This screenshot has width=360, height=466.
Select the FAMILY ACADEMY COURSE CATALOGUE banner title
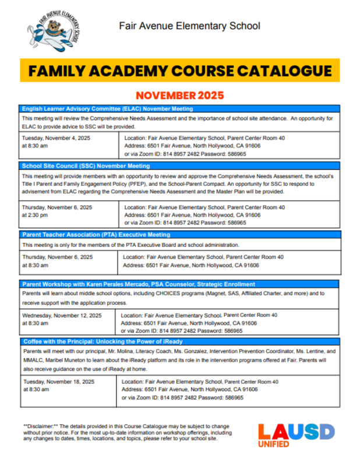click(x=180, y=71)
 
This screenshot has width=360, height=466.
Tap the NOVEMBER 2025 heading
click(x=180, y=95)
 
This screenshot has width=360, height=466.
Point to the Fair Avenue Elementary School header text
click(x=189, y=26)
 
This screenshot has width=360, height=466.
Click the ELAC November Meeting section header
click(x=108, y=109)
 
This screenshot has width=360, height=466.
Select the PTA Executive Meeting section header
click(x=96, y=235)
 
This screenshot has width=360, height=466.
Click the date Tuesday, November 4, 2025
click(x=56, y=138)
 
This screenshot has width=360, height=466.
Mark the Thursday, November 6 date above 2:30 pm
click(x=57, y=207)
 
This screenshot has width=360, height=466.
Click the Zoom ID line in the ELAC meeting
click(x=185, y=154)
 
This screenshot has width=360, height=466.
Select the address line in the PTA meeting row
click(x=191, y=265)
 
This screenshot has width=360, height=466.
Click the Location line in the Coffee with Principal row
click(x=200, y=382)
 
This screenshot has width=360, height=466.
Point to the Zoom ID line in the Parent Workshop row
click(x=181, y=330)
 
